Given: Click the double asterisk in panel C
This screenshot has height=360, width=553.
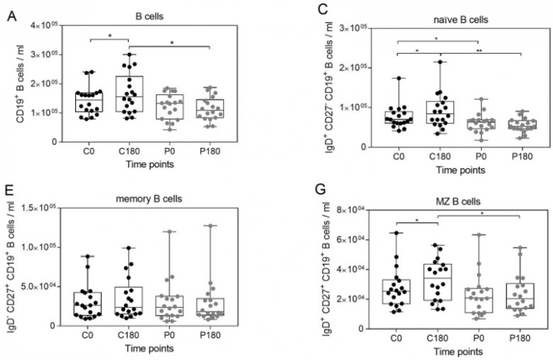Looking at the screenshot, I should pos(479,51).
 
